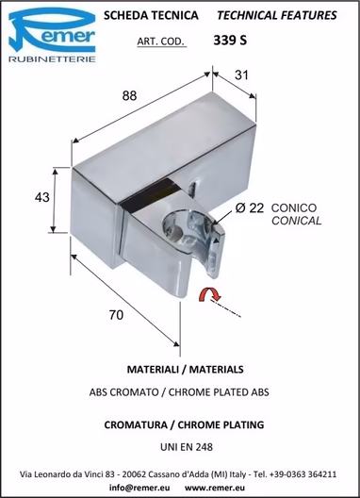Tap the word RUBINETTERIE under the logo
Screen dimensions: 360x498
tap(52, 59)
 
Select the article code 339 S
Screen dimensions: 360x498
tap(230, 41)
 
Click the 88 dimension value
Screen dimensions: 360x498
tap(129, 95)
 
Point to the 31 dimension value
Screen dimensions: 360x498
tap(241, 75)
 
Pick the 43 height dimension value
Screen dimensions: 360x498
tap(42, 197)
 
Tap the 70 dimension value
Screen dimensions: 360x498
tap(116, 315)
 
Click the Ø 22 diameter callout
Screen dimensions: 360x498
tap(250, 208)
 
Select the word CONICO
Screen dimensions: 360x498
tap(294, 208)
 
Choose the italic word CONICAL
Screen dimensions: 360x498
tap(296, 221)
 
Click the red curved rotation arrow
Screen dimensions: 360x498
tap(209, 294)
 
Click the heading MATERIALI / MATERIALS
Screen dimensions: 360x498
tap(186, 370)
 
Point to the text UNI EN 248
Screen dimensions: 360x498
tap(187, 447)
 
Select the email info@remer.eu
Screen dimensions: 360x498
tap(139, 488)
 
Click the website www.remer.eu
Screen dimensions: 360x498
tap(215, 488)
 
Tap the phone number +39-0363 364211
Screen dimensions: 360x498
tap(303, 474)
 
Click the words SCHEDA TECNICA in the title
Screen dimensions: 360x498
tap(151, 15)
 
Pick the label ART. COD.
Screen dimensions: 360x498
tap(160, 41)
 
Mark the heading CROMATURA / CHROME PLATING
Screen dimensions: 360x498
tap(184, 424)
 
